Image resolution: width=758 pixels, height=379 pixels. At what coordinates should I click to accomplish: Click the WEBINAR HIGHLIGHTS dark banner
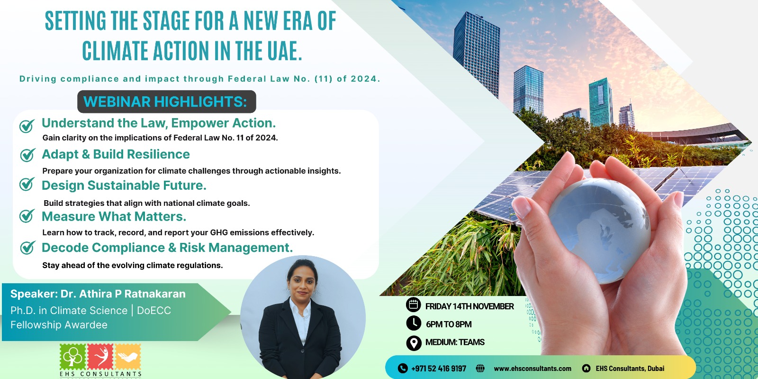pos(166,102)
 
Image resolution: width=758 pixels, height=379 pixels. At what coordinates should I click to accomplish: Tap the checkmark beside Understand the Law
pos(27,126)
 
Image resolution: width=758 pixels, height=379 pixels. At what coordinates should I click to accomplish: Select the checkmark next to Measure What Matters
pos(27,216)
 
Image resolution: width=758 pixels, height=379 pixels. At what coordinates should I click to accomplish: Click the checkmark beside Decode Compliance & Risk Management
pos(28,248)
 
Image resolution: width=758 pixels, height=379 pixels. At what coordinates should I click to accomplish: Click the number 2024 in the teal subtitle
pos(365,79)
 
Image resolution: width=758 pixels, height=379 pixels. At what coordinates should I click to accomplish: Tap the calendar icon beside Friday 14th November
pos(413,305)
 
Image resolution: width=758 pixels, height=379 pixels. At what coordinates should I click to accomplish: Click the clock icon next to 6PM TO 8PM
pos(414,323)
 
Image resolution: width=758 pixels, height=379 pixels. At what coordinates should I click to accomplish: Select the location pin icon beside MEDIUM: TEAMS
pos(414,343)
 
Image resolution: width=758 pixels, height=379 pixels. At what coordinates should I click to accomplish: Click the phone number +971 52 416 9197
pos(439,369)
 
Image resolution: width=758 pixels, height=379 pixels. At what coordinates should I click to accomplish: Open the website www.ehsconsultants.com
pos(532,369)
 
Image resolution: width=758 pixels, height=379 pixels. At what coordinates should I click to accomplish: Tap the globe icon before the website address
pos(480,368)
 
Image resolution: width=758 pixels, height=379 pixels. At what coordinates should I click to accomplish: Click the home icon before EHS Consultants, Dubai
pos(586,368)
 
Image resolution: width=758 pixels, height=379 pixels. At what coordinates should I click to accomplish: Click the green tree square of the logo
pos(73,357)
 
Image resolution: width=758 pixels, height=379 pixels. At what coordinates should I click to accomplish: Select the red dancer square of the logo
pos(100,357)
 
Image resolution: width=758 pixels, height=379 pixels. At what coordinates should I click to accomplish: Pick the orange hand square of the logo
pos(128,357)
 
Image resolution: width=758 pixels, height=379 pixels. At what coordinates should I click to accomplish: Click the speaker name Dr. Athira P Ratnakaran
pos(123,294)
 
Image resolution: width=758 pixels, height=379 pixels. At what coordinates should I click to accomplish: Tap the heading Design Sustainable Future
pos(124,185)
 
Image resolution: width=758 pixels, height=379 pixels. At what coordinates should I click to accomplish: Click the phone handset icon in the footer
pos(403,368)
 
